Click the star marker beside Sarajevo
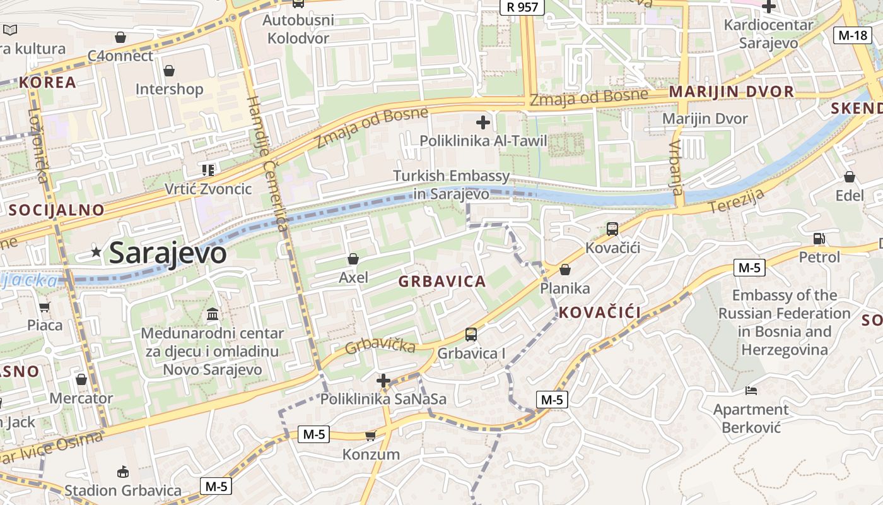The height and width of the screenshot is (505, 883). click(x=96, y=252)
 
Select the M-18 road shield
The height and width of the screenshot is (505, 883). click(x=853, y=35)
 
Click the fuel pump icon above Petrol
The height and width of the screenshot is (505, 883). click(x=819, y=239)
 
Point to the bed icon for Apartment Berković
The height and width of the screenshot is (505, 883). click(x=751, y=391)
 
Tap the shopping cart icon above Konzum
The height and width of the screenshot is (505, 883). click(x=371, y=436)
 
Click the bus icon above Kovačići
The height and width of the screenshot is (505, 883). click(x=612, y=229)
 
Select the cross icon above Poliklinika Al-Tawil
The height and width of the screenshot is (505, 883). click(x=483, y=122)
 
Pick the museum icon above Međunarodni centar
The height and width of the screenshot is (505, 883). click(x=213, y=314)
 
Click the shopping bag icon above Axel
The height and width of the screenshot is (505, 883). click(x=353, y=259)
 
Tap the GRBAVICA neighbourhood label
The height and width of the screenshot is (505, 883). click(x=442, y=282)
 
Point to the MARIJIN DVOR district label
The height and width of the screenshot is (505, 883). click(x=731, y=92)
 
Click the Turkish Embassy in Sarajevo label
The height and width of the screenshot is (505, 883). click(x=451, y=184)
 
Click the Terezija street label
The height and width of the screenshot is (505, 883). click(x=736, y=201)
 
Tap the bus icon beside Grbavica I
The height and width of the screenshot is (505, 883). click(x=471, y=335)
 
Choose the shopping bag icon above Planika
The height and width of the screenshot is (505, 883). click(x=564, y=270)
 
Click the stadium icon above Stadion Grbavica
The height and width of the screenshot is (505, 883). click(x=123, y=472)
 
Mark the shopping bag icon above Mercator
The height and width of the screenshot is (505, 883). click(x=81, y=379)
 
